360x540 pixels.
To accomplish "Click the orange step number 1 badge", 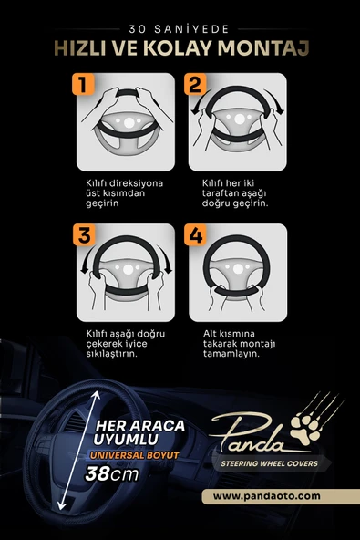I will (x=83, y=87).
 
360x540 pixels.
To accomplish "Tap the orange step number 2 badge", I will (x=196, y=87).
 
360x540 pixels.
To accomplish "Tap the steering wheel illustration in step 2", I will (x=240, y=123).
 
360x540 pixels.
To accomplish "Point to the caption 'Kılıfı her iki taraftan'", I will (x=239, y=192).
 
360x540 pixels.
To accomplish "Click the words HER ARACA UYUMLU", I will (x=129, y=433).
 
